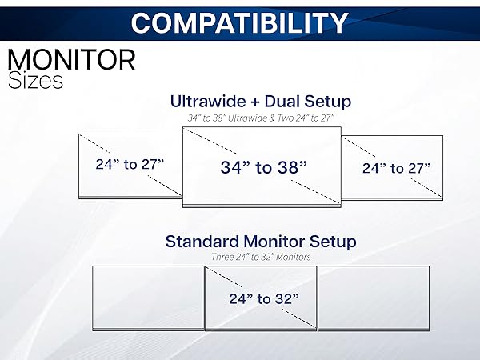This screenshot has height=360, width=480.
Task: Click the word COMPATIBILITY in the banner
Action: tap(239, 22)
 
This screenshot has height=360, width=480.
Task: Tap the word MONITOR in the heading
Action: tap(71, 60)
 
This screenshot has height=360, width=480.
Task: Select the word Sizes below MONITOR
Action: tap(35, 81)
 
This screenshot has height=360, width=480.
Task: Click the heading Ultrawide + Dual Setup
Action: tap(261, 102)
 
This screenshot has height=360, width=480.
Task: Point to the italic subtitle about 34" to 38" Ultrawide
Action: tap(261, 118)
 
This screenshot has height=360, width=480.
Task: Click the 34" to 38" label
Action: tap(263, 167)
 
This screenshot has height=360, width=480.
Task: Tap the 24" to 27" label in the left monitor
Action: tap(130, 165)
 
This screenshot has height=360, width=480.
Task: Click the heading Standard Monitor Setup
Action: tap(261, 241)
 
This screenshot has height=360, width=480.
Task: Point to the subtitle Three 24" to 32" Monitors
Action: tap(261, 257)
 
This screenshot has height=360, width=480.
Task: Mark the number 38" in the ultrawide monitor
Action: tap(290, 167)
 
